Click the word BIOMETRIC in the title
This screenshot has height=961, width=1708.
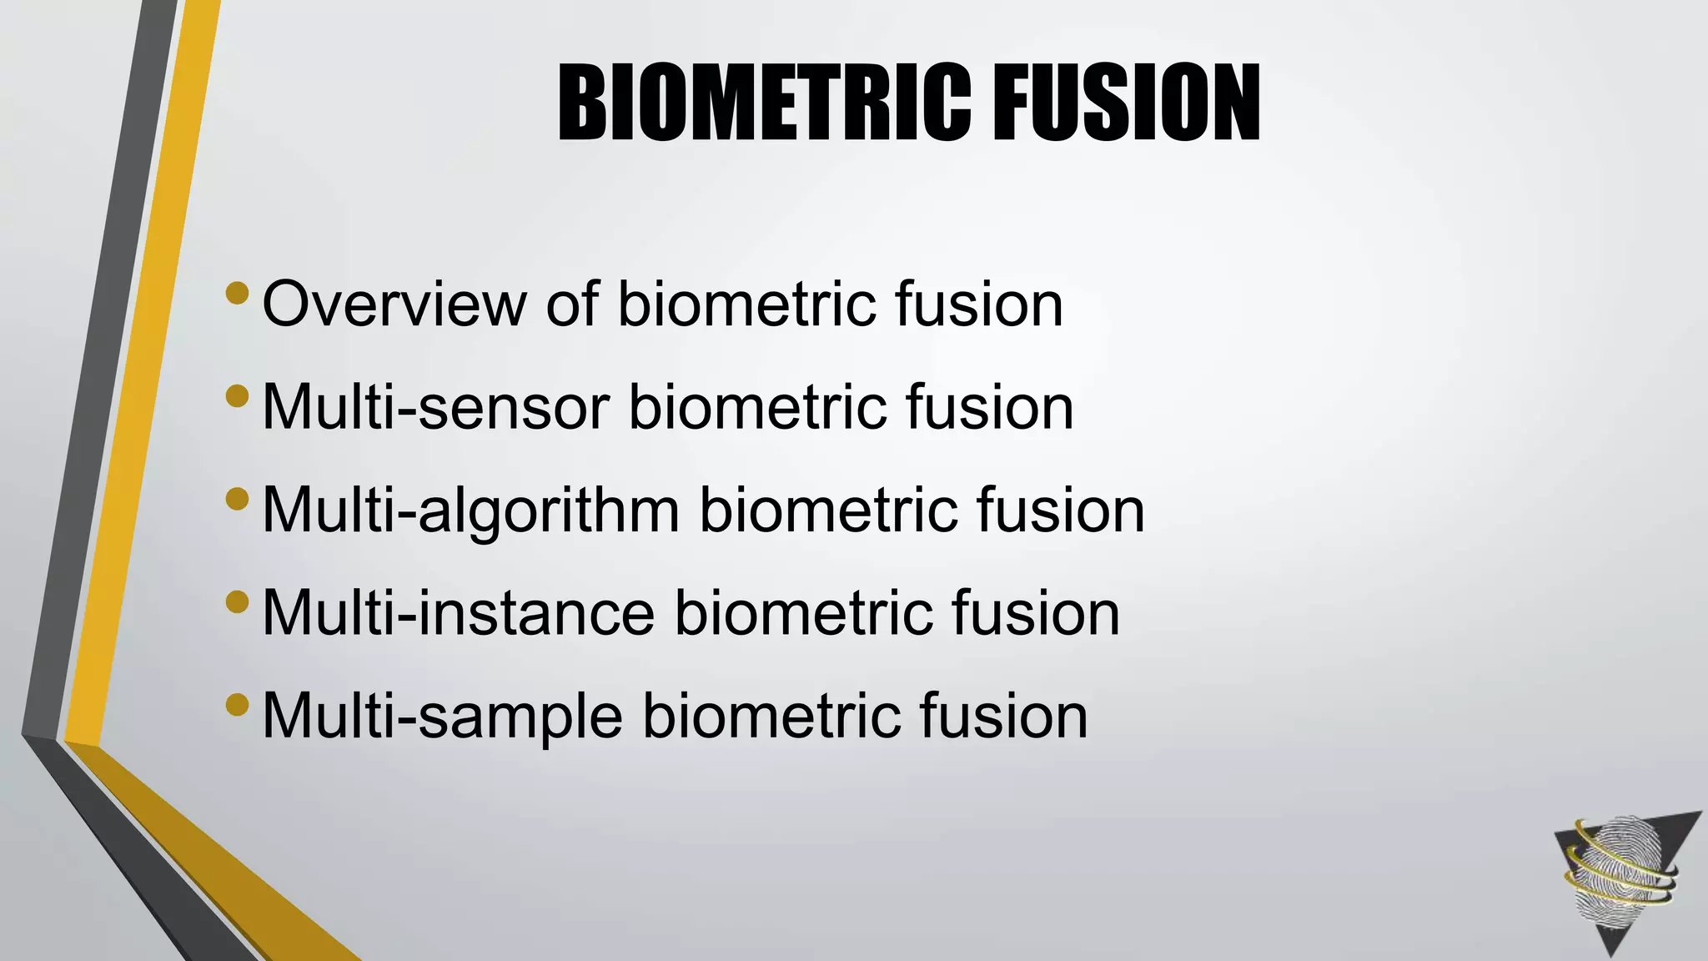click(764, 104)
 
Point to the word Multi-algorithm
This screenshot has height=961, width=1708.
click(470, 511)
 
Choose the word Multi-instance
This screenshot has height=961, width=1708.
click(458, 613)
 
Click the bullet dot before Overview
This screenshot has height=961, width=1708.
click(237, 294)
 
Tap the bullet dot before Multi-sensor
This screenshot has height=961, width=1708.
click(237, 396)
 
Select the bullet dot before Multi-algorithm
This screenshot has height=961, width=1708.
click(237, 499)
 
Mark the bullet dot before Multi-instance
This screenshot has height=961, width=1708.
click(237, 601)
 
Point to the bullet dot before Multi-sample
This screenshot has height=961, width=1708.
click(237, 705)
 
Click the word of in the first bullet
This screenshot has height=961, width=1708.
click(572, 304)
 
